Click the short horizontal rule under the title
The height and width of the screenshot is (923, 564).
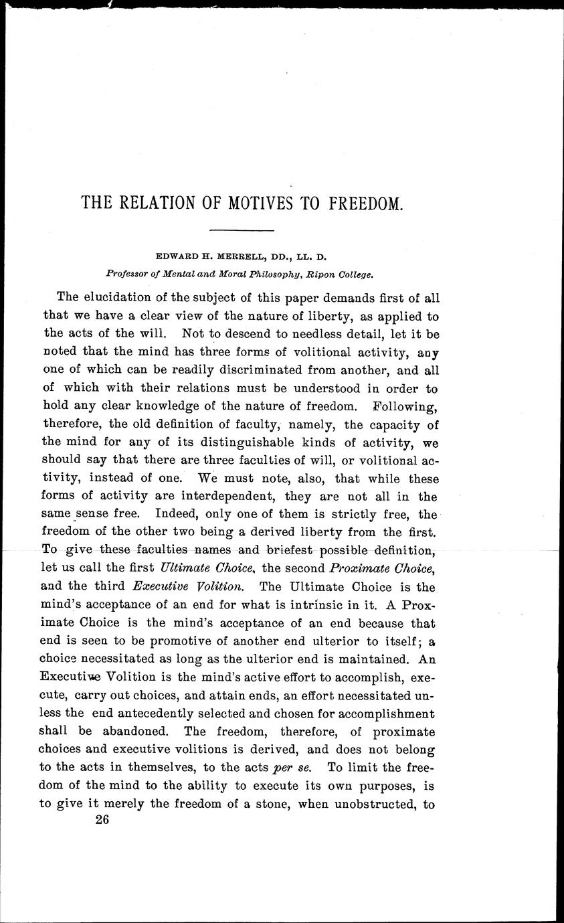point(242,231)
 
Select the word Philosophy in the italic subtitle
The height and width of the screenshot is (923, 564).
point(252,273)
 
